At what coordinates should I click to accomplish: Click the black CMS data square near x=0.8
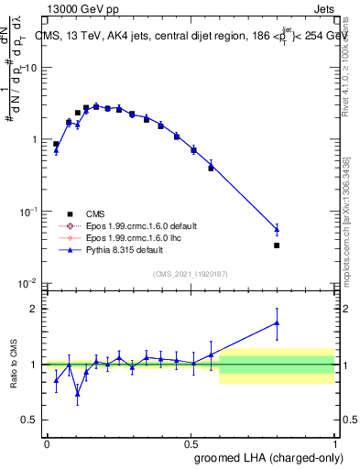(x=277, y=245)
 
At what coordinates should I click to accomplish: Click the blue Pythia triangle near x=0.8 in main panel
(x=277, y=229)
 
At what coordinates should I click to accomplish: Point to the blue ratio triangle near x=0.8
(x=277, y=322)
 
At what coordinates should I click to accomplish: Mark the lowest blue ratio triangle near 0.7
(x=78, y=396)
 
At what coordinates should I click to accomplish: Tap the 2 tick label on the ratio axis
(x=35, y=309)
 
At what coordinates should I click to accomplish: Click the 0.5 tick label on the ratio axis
(x=30, y=420)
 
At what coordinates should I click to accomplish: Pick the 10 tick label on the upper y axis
(x=30, y=69)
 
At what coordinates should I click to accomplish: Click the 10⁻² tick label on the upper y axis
(x=28, y=283)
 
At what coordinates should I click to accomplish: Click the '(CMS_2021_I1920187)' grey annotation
(x=190, y=273)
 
